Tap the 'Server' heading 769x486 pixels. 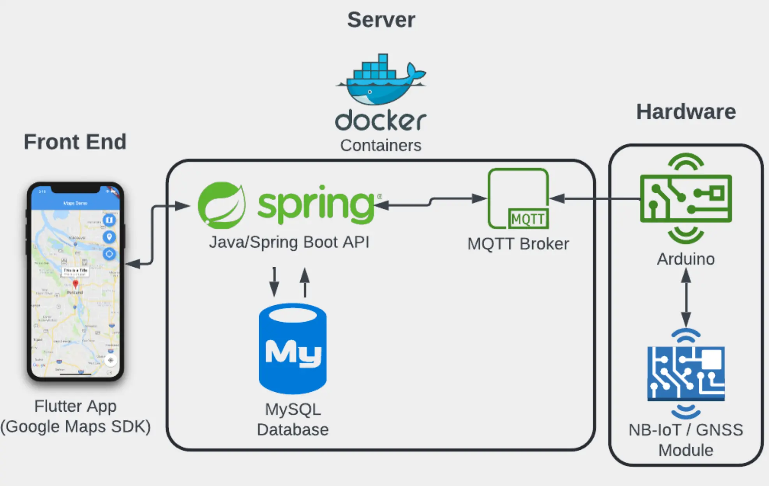pos(381,20)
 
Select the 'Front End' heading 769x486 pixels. pos(75,142)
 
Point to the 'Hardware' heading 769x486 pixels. pos(686,112)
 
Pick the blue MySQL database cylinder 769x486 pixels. pos(293,349)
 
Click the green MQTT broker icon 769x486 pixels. pos(518,199)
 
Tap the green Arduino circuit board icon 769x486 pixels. pos(686,199)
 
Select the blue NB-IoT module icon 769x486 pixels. pos(686,373)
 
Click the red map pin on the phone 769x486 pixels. pos(76,284)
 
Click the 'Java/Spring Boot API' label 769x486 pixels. pos(289,242)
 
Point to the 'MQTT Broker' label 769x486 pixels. pos(518,244)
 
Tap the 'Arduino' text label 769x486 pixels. pos(686,259)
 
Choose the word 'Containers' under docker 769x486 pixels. pos(381,145)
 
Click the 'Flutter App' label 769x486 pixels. pos(75,406)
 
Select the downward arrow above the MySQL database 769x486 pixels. pos(274,282)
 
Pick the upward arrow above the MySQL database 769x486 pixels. pos(305,282)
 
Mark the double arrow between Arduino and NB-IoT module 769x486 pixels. pos(686,298)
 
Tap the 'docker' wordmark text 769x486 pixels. pos(381,120)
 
